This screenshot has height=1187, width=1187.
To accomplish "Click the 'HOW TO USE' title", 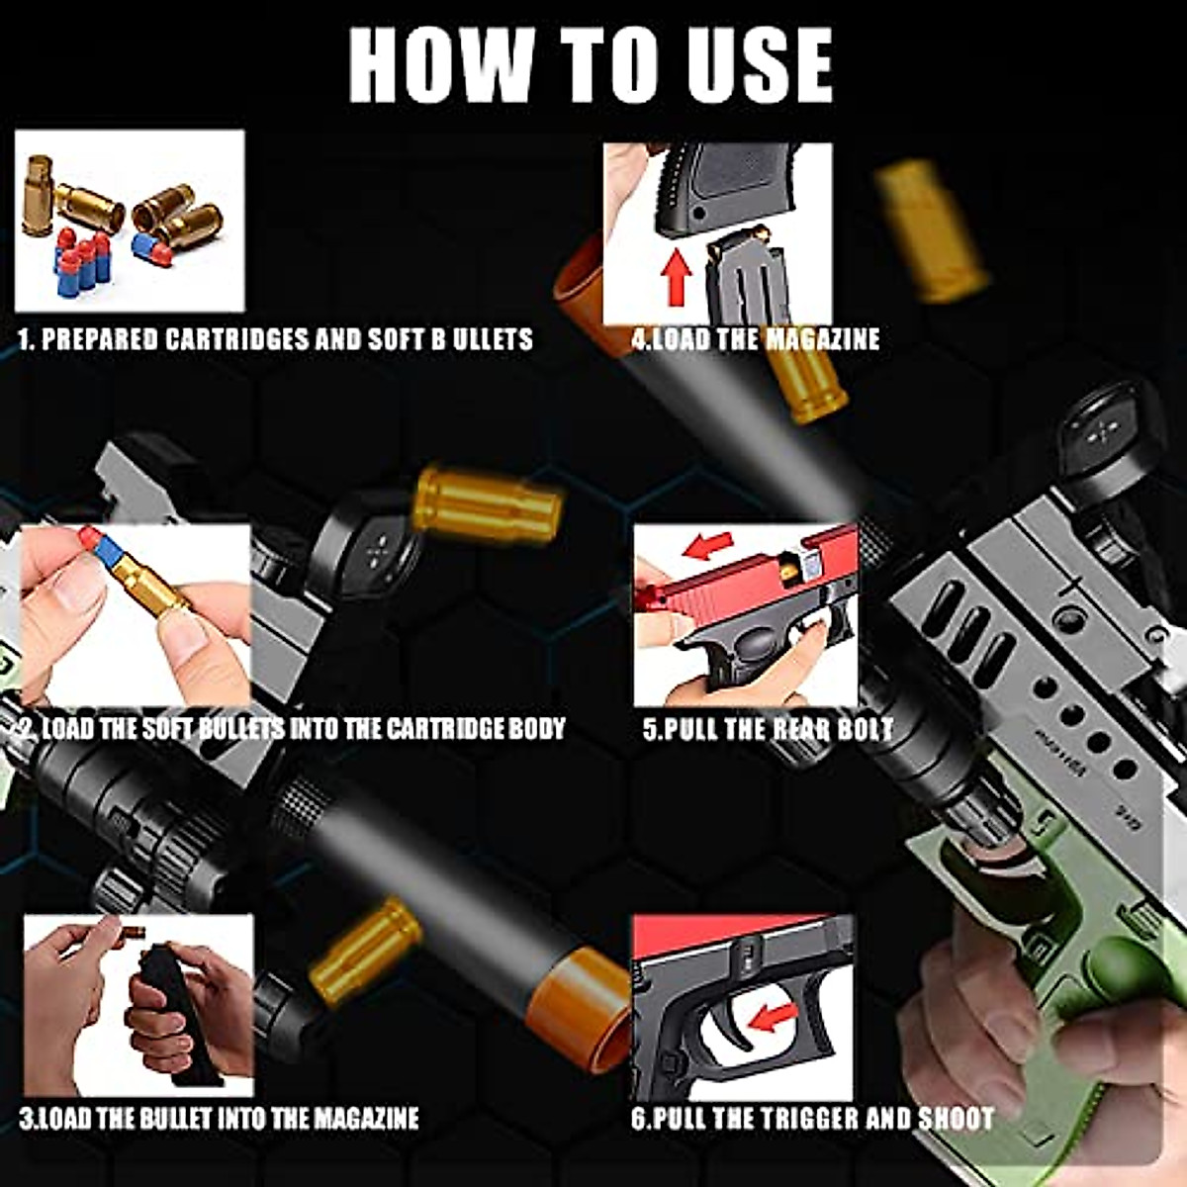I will (x=591, y=65).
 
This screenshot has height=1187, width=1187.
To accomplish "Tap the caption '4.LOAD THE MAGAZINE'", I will (x=756, y=339).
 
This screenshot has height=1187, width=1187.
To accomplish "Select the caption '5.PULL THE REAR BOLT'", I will (x=768, y=730).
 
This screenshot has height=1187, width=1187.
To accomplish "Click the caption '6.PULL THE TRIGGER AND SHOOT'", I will (x=812, y=1119).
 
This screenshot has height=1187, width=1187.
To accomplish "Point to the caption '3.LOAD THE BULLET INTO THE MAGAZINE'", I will (x=220, y=1119).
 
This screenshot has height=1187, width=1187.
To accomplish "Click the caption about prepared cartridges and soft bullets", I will (x=276, y=339).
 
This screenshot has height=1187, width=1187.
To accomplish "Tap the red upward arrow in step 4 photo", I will (x=677, y=276).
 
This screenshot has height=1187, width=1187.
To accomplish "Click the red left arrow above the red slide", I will (x=709, y=545).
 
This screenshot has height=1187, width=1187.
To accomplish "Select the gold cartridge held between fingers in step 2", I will (x=148, y=585).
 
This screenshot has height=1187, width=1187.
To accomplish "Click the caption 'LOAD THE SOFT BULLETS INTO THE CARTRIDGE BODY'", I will (x=293, y=730).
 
